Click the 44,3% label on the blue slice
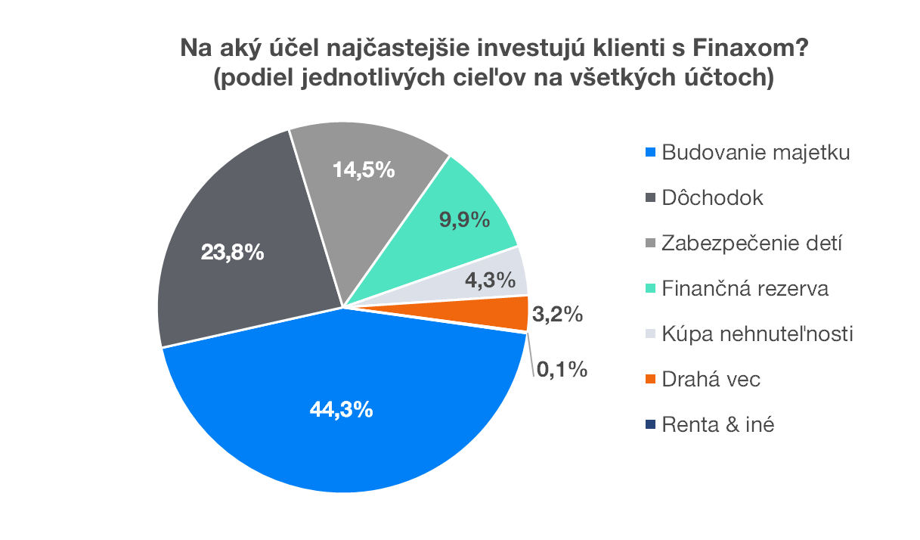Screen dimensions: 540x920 coord(341,410)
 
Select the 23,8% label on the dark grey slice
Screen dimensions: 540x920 coord(233,252)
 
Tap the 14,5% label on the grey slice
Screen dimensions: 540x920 coord(364,170)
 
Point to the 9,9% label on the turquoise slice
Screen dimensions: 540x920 coord(465,221)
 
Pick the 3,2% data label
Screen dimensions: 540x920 coord(557,315)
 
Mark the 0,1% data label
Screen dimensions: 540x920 coord(562,370)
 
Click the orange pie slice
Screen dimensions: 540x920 coord(506,313)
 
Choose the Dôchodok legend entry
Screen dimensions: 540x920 coord(712,198)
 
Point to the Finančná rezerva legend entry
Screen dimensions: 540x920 coord(745,289)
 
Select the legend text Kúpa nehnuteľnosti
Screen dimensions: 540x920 coord(757,334)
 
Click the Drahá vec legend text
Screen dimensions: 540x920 coord(711,380)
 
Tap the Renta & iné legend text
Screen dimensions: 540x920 coord(717,425)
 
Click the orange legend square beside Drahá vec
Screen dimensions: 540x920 coord(651,380)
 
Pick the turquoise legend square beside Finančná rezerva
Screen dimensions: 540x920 coord(651,290)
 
